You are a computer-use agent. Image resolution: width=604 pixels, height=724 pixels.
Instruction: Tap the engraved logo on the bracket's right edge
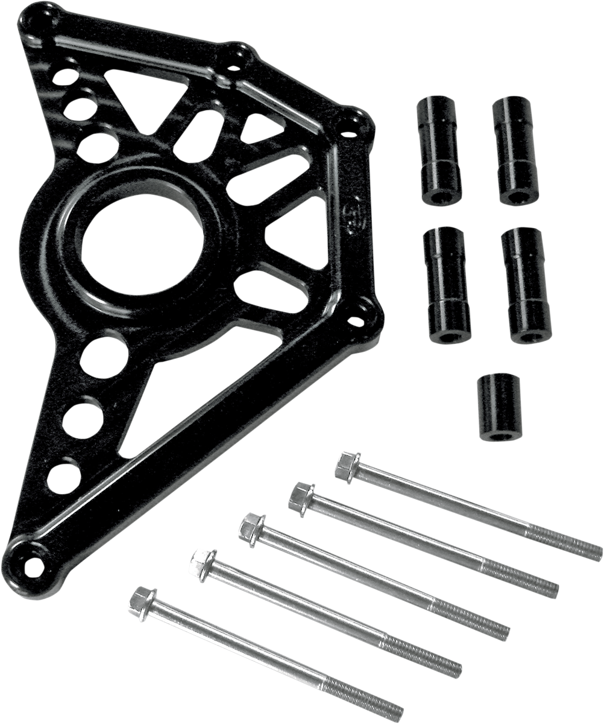[350, 223]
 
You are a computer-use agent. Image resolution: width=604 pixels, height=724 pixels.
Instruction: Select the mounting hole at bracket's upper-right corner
[349, 125]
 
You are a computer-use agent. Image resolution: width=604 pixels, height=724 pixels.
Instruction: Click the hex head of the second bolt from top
[300, 498]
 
